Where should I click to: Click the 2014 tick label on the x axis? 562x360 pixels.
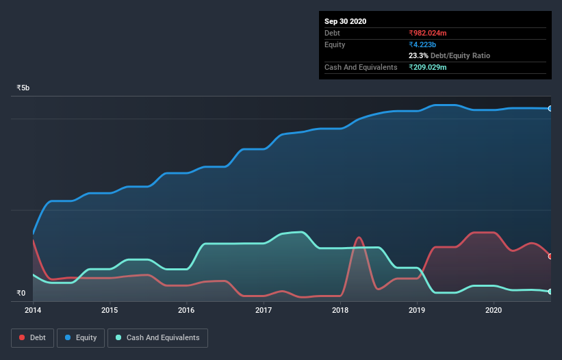pyautogui.click(x=33, y=310)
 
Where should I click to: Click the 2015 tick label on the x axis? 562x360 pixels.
pyautogui.click(x=110, y=310)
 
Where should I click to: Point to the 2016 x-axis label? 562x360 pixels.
pyautogui.click(x=186, y=310)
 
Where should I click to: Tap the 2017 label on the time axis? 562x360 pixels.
pyautogui.click(x=264, y=310)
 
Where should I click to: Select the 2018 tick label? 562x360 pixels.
pyautogui.click(x=340, y=310)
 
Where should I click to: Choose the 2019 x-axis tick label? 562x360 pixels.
pyautogui.click(x=417, y=310)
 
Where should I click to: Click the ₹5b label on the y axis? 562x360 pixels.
pyautogui.click(x=23, y=88)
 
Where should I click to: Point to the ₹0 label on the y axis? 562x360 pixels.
pyautogui.click(x=21, y=294)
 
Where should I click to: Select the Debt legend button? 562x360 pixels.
pyautogui.click(x=31, y=337)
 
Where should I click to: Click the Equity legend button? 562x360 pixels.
pyautogui.click(x=81, y=337)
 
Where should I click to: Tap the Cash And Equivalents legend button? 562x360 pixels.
pyautogui.click(x=157, y=337)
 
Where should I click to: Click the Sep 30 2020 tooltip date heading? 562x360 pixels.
pyautogui.click(x=345, y=21)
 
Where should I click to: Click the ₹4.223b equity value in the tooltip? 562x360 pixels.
pyautogui.click(x=422, y=44)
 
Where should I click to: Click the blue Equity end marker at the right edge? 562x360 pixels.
pyautogui.click(x=550, y=108)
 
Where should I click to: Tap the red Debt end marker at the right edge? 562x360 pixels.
pyautogui.click(x=550, y=256)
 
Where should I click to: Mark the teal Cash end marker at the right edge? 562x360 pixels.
pyautogui.click(x=550, y=292)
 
